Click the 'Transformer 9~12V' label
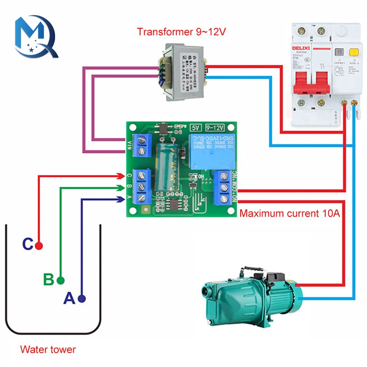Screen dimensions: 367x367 click(181, 32)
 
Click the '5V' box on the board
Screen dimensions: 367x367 click(195, 128)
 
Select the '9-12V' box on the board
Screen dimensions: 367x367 click(215, 128)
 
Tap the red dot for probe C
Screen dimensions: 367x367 click(39, 246)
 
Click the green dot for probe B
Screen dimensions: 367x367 click(61, 281)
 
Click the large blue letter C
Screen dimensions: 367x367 click(28, 244)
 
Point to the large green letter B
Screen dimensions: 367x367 click(48, 280)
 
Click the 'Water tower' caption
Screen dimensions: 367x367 click(48, 349)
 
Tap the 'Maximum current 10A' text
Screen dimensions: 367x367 click(289, 213)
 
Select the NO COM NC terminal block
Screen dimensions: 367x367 click(224, 187)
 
